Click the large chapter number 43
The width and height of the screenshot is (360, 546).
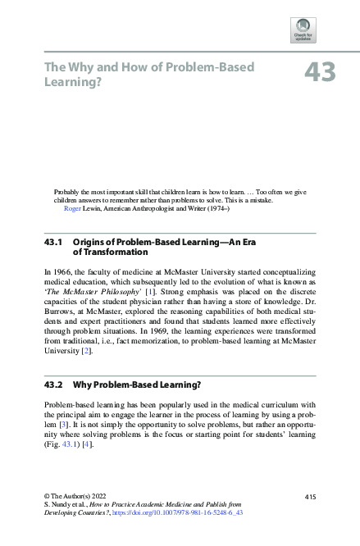point(320,72)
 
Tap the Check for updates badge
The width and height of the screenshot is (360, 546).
point(303,30)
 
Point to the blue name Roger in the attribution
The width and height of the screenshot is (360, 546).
point(72,208)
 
